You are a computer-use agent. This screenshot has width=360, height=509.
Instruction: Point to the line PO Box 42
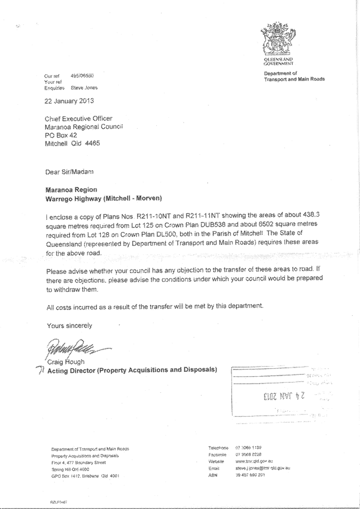[60, 135]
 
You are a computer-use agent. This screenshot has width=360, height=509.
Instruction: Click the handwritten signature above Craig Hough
[71, 350]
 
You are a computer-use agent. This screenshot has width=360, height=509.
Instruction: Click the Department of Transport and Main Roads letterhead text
[293, 76]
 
